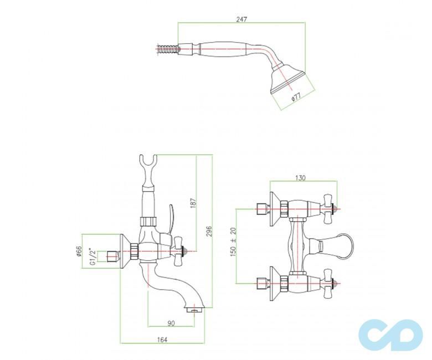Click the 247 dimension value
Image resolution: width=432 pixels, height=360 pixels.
pos(241,18)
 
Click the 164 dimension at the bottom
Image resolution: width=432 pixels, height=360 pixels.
pos(162,339)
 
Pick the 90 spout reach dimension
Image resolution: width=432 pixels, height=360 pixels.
pos(172,323)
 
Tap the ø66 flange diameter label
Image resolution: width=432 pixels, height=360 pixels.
pos(79,253)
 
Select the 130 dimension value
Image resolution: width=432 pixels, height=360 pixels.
pos(301,178)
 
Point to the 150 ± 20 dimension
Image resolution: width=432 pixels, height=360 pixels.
pos(233,242)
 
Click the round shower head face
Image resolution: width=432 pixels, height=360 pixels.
pos(286,80)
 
